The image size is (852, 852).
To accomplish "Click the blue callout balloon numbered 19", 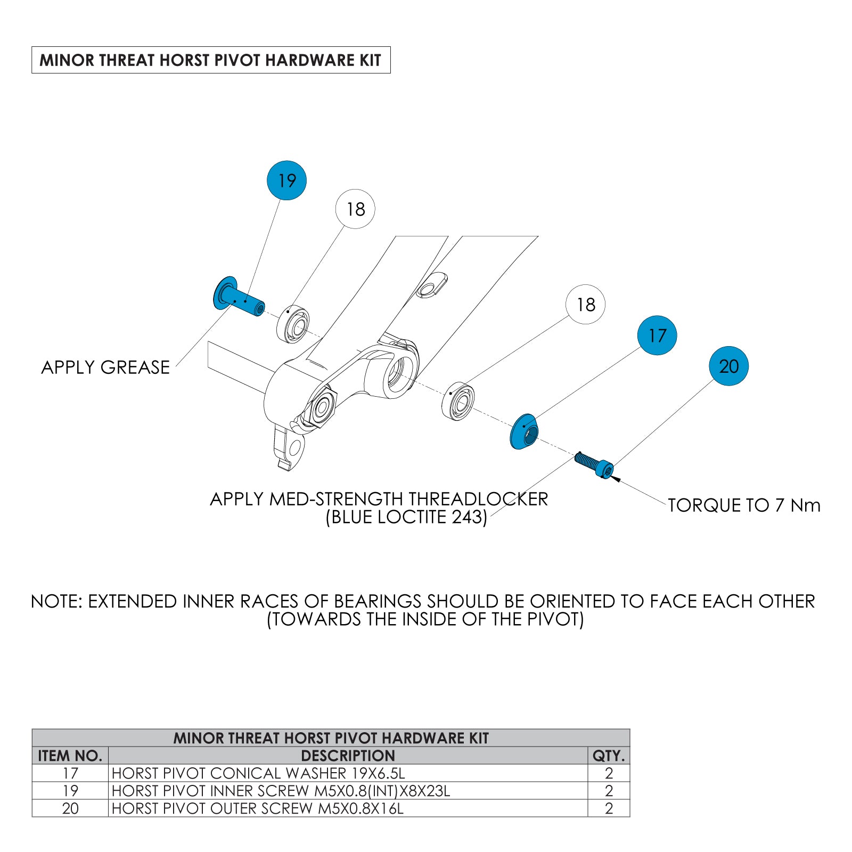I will coord(286,181).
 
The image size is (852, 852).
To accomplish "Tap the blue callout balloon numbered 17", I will coord(657,335).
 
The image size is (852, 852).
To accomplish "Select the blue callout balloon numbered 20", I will coord(728,366).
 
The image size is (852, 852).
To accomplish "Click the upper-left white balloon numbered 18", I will coord(355,209).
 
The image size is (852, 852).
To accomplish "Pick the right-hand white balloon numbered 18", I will coord(585,305).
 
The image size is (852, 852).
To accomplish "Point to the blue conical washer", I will coord(524,432).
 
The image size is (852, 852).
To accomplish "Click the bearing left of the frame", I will coord(293,324).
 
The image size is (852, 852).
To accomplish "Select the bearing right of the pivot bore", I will coord(458,401).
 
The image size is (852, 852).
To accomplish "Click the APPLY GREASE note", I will coord(105,367).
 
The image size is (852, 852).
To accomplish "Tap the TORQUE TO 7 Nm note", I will coord(744,505).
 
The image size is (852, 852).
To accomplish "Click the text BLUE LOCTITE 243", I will coord(406,517).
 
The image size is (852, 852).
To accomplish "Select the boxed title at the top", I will coord(211,60).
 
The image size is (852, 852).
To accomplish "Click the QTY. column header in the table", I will coord(609,756).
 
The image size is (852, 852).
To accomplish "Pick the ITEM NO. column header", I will coord(70,756).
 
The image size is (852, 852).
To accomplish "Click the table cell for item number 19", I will coord(70,791).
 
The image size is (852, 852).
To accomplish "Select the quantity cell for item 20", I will coord(609,808).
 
